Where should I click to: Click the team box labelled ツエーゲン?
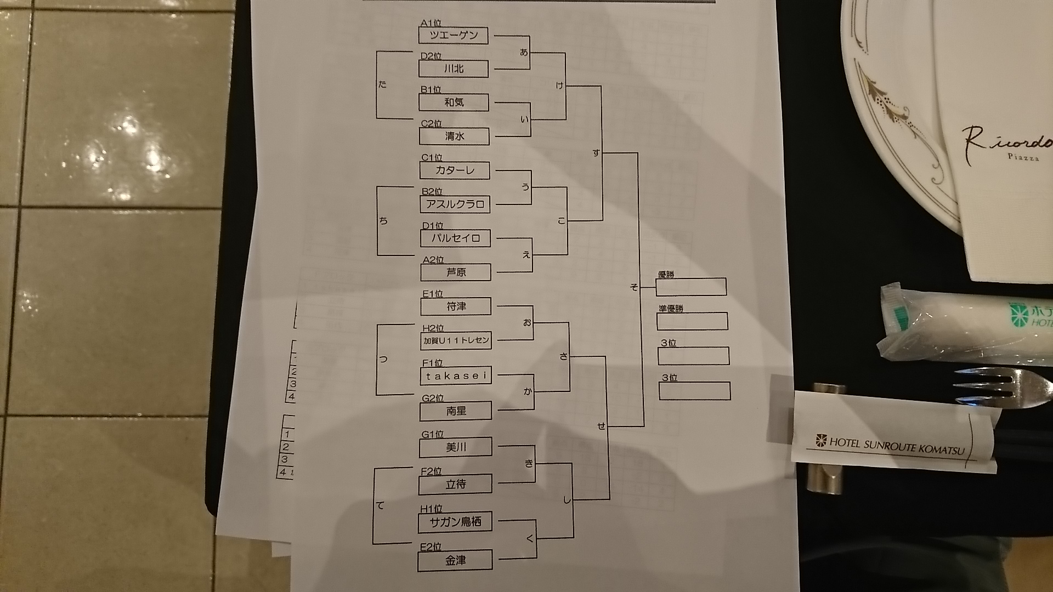(454, 36)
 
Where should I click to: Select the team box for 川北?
(454, 69)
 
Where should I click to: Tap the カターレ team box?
(455, 170)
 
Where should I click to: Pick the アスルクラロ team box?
(455, 204)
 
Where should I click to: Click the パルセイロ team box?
(455, 238)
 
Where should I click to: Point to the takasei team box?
(456, 376)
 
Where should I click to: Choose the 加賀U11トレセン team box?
(456, 340)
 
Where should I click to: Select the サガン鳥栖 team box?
(456, 522)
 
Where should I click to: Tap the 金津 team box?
(455, 561)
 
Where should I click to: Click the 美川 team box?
(456, 448)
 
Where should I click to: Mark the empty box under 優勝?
(692, 287)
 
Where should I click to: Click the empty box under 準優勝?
(693, 321)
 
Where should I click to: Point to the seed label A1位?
(431, 24)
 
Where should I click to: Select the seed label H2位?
(433, 328)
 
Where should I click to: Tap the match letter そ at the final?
(635, 287)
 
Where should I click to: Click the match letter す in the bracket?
(596, 153)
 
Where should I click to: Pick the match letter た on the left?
(382, 84)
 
